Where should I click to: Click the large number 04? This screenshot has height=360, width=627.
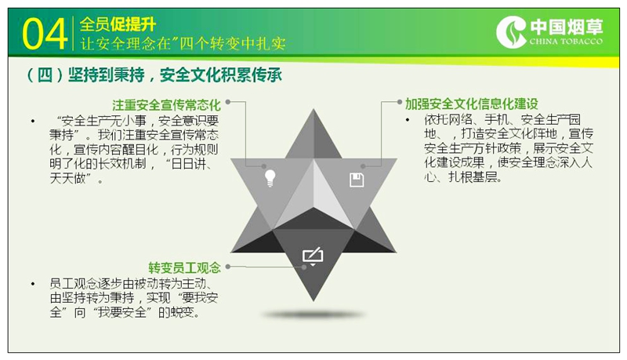(x=45, y=35)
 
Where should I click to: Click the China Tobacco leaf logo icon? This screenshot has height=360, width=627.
(x=511, y=32)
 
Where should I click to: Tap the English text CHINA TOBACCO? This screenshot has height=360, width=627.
(x=566, y=42)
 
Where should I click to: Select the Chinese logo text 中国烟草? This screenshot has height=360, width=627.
(x=566, y=27)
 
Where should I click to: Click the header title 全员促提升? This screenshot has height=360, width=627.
(x=118, y=24)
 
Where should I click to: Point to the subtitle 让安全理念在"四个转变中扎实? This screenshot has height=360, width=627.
(x=183, y=43)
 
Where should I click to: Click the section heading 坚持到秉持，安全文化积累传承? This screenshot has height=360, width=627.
(x=154, y=75)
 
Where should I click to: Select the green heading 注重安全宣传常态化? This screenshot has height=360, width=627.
(x=166, y=105)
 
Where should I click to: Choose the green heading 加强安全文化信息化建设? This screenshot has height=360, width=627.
(x=472, y=104)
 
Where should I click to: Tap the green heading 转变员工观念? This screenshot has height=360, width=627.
(x=184, y=267)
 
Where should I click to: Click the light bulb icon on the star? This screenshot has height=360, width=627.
(x=270, y=178)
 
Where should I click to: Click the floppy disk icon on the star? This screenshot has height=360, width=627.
(x=357, y=180)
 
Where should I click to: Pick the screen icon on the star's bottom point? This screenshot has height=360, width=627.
(x=313, y=256)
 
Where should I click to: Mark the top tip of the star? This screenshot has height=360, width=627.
(x=313, y=109)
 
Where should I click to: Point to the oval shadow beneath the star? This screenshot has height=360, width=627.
(x=313, y=315)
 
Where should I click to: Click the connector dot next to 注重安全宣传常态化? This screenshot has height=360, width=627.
(x=228, y=102)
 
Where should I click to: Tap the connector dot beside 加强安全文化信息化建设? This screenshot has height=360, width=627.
(x=399, y=102)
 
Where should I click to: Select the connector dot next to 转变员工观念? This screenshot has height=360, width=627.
(x=228, y=266)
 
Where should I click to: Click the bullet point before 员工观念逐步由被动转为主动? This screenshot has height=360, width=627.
(x=33, y=284)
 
